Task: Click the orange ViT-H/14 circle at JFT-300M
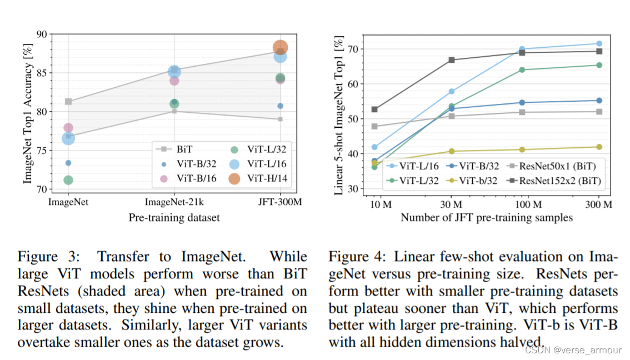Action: [280, 48]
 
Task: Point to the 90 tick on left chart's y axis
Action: [42, 34]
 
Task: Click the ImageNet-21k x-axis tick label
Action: [174, 202]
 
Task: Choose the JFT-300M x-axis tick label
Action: [280, 202]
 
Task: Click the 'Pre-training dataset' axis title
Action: [174, 217]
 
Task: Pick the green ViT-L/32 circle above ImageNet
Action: [68, 180]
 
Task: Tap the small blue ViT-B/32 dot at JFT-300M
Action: [280, 106]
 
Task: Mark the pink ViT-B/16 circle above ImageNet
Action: [68, 128]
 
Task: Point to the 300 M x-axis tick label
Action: [599, 204]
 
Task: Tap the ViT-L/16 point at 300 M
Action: [599, 43]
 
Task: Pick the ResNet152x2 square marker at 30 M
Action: [452, 59]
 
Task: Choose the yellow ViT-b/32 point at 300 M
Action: [599, 147]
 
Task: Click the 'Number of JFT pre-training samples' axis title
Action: [486, 218]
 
